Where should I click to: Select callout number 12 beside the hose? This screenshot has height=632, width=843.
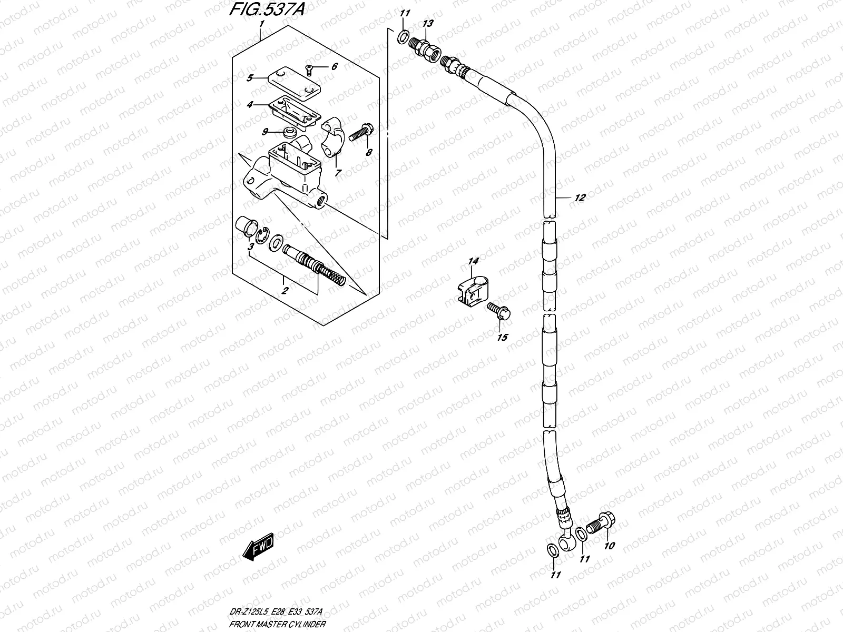tap(580, 198)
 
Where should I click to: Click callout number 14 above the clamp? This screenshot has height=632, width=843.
tap(473, 261)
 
